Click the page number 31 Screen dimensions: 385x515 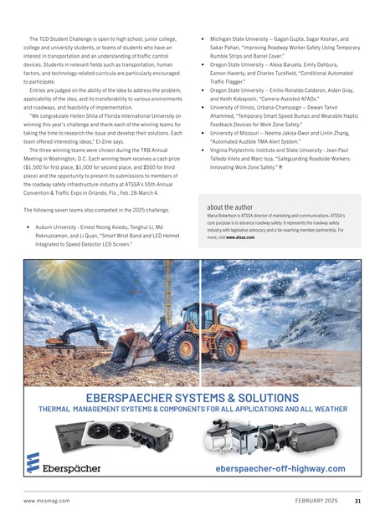[x=357, y=501]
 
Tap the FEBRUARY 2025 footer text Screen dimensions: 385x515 [x=318, y=501]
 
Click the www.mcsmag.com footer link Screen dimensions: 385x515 [x=47, y=501]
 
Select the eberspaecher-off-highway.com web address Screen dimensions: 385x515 [x=280, y=468]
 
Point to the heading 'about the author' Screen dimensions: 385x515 [x=233, y=205]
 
